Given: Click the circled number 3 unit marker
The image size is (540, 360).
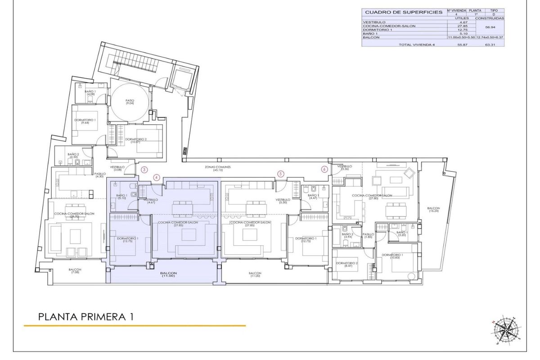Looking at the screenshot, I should [144, 170].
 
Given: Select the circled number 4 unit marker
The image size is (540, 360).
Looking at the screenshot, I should [156, 177].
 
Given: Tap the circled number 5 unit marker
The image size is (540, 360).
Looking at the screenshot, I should [281, 173].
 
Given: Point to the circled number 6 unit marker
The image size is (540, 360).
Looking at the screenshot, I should [324, 170].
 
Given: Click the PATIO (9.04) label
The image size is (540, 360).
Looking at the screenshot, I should [130, 102].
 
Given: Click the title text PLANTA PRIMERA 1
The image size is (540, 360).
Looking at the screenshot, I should [86, 317].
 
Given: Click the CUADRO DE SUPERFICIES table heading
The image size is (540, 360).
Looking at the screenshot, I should [403, 12].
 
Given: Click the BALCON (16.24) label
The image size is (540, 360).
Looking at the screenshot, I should [434, 210].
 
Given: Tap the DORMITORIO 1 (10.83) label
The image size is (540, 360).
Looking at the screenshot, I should [392, 256].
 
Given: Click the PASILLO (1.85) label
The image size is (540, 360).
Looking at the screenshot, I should [369, 235].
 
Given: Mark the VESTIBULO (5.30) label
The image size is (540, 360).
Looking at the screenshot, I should [283, 201].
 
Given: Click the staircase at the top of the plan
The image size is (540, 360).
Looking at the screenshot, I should [135, 61].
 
